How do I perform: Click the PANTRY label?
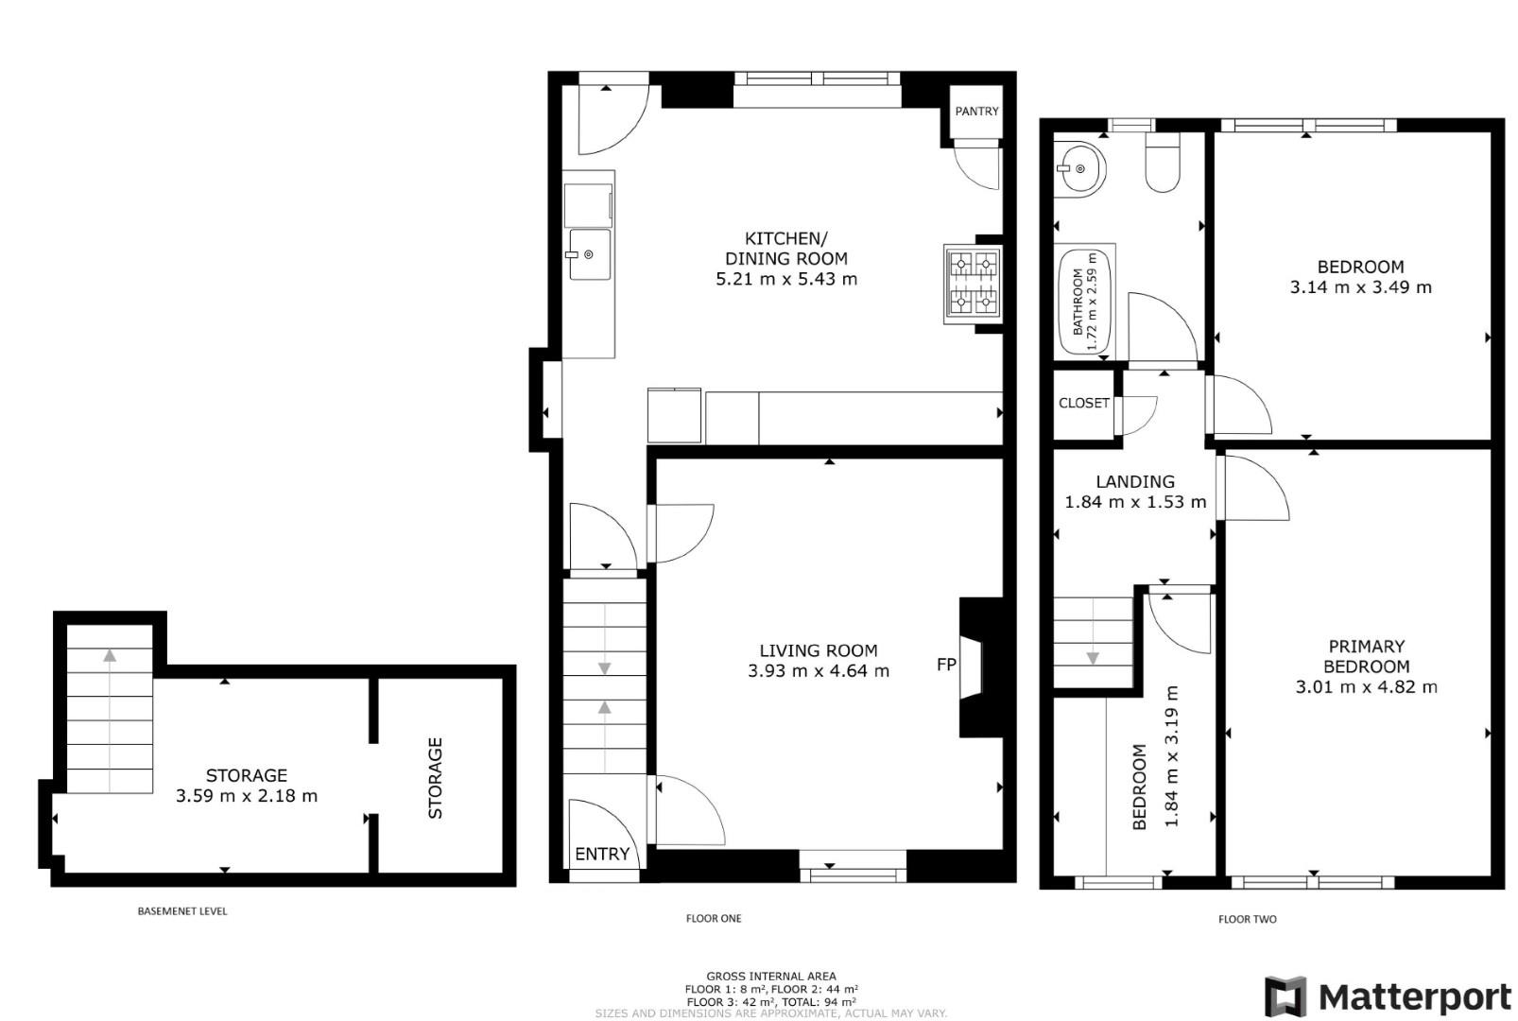coord(976,112)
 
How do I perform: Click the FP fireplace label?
coord(946,665)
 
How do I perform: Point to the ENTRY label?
coord(602,855)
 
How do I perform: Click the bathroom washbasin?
coord(1079,169)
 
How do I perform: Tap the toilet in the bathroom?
coord(1162,164)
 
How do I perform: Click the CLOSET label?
coord(1084,404)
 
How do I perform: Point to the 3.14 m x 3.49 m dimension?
coord(1360,287)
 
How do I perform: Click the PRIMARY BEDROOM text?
coord(1366,656)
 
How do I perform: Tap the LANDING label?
coord(1135,482)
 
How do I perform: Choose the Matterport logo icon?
coord(1285,996)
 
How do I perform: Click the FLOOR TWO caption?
coord(1247,919)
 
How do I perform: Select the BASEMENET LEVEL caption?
coord(182,911)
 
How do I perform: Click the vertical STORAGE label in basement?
coord(435,778)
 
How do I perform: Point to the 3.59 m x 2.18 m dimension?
coord(247,796)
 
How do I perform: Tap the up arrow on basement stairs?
coord(111,654)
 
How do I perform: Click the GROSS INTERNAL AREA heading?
coord(770,977)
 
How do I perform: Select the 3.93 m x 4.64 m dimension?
coord(818,671)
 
